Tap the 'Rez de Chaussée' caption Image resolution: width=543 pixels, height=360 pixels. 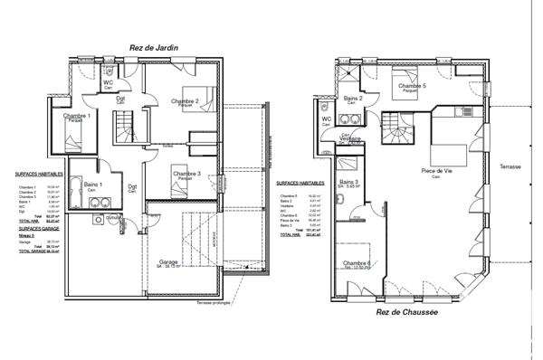[407, 312]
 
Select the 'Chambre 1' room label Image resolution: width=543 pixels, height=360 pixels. [77, 117]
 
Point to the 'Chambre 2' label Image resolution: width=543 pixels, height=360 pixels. [185, 102]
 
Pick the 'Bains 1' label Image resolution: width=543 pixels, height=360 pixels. [93, 185]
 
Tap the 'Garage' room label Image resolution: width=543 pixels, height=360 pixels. [168, 261]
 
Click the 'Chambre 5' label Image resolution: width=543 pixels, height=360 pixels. [409, 86]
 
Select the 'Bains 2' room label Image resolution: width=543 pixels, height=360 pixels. [353, 98]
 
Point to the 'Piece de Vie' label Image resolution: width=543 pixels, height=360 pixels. [436, 170]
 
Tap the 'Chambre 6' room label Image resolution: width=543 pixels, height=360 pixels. [356, 263]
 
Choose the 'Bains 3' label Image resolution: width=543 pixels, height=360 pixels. [349, 182]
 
